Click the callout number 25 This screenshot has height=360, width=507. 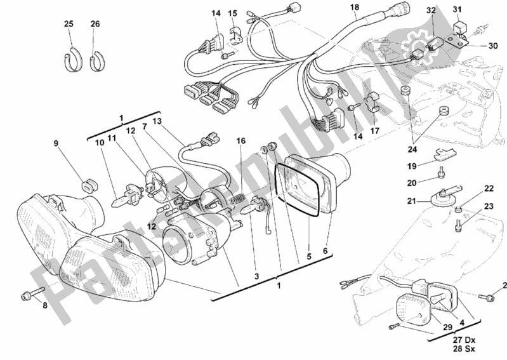tap(69, 24)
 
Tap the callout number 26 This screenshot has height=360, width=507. tap(95, 24)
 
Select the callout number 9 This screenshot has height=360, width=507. tap(56, 143)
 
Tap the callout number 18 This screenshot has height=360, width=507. tap(354, 8)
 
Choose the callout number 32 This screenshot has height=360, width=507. tap(431, 11)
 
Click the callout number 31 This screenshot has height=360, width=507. tap(474, 8)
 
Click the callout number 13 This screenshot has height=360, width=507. tap(157, 121)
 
